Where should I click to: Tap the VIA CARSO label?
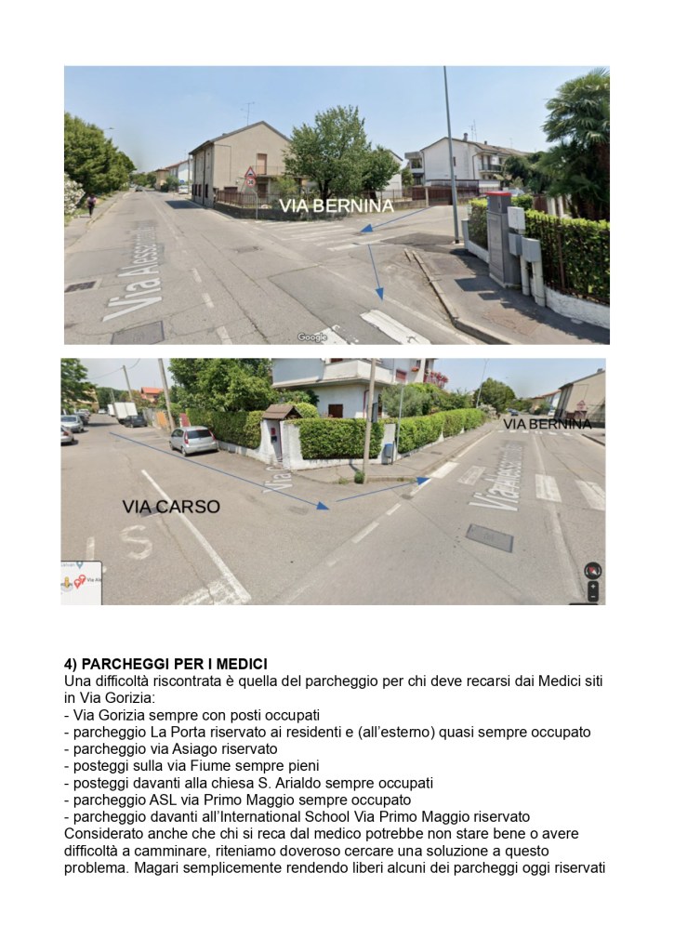[x=171, y=507]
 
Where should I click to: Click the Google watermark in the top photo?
[x=312, y=337]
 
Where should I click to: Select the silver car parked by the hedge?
[x=192, y=440]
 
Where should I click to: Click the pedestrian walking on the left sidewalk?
[x=91, y=204]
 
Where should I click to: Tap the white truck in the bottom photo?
[x=124, y=411]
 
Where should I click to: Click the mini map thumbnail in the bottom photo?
[x=80, y=582]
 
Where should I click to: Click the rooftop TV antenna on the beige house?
[x=249, y=112]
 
